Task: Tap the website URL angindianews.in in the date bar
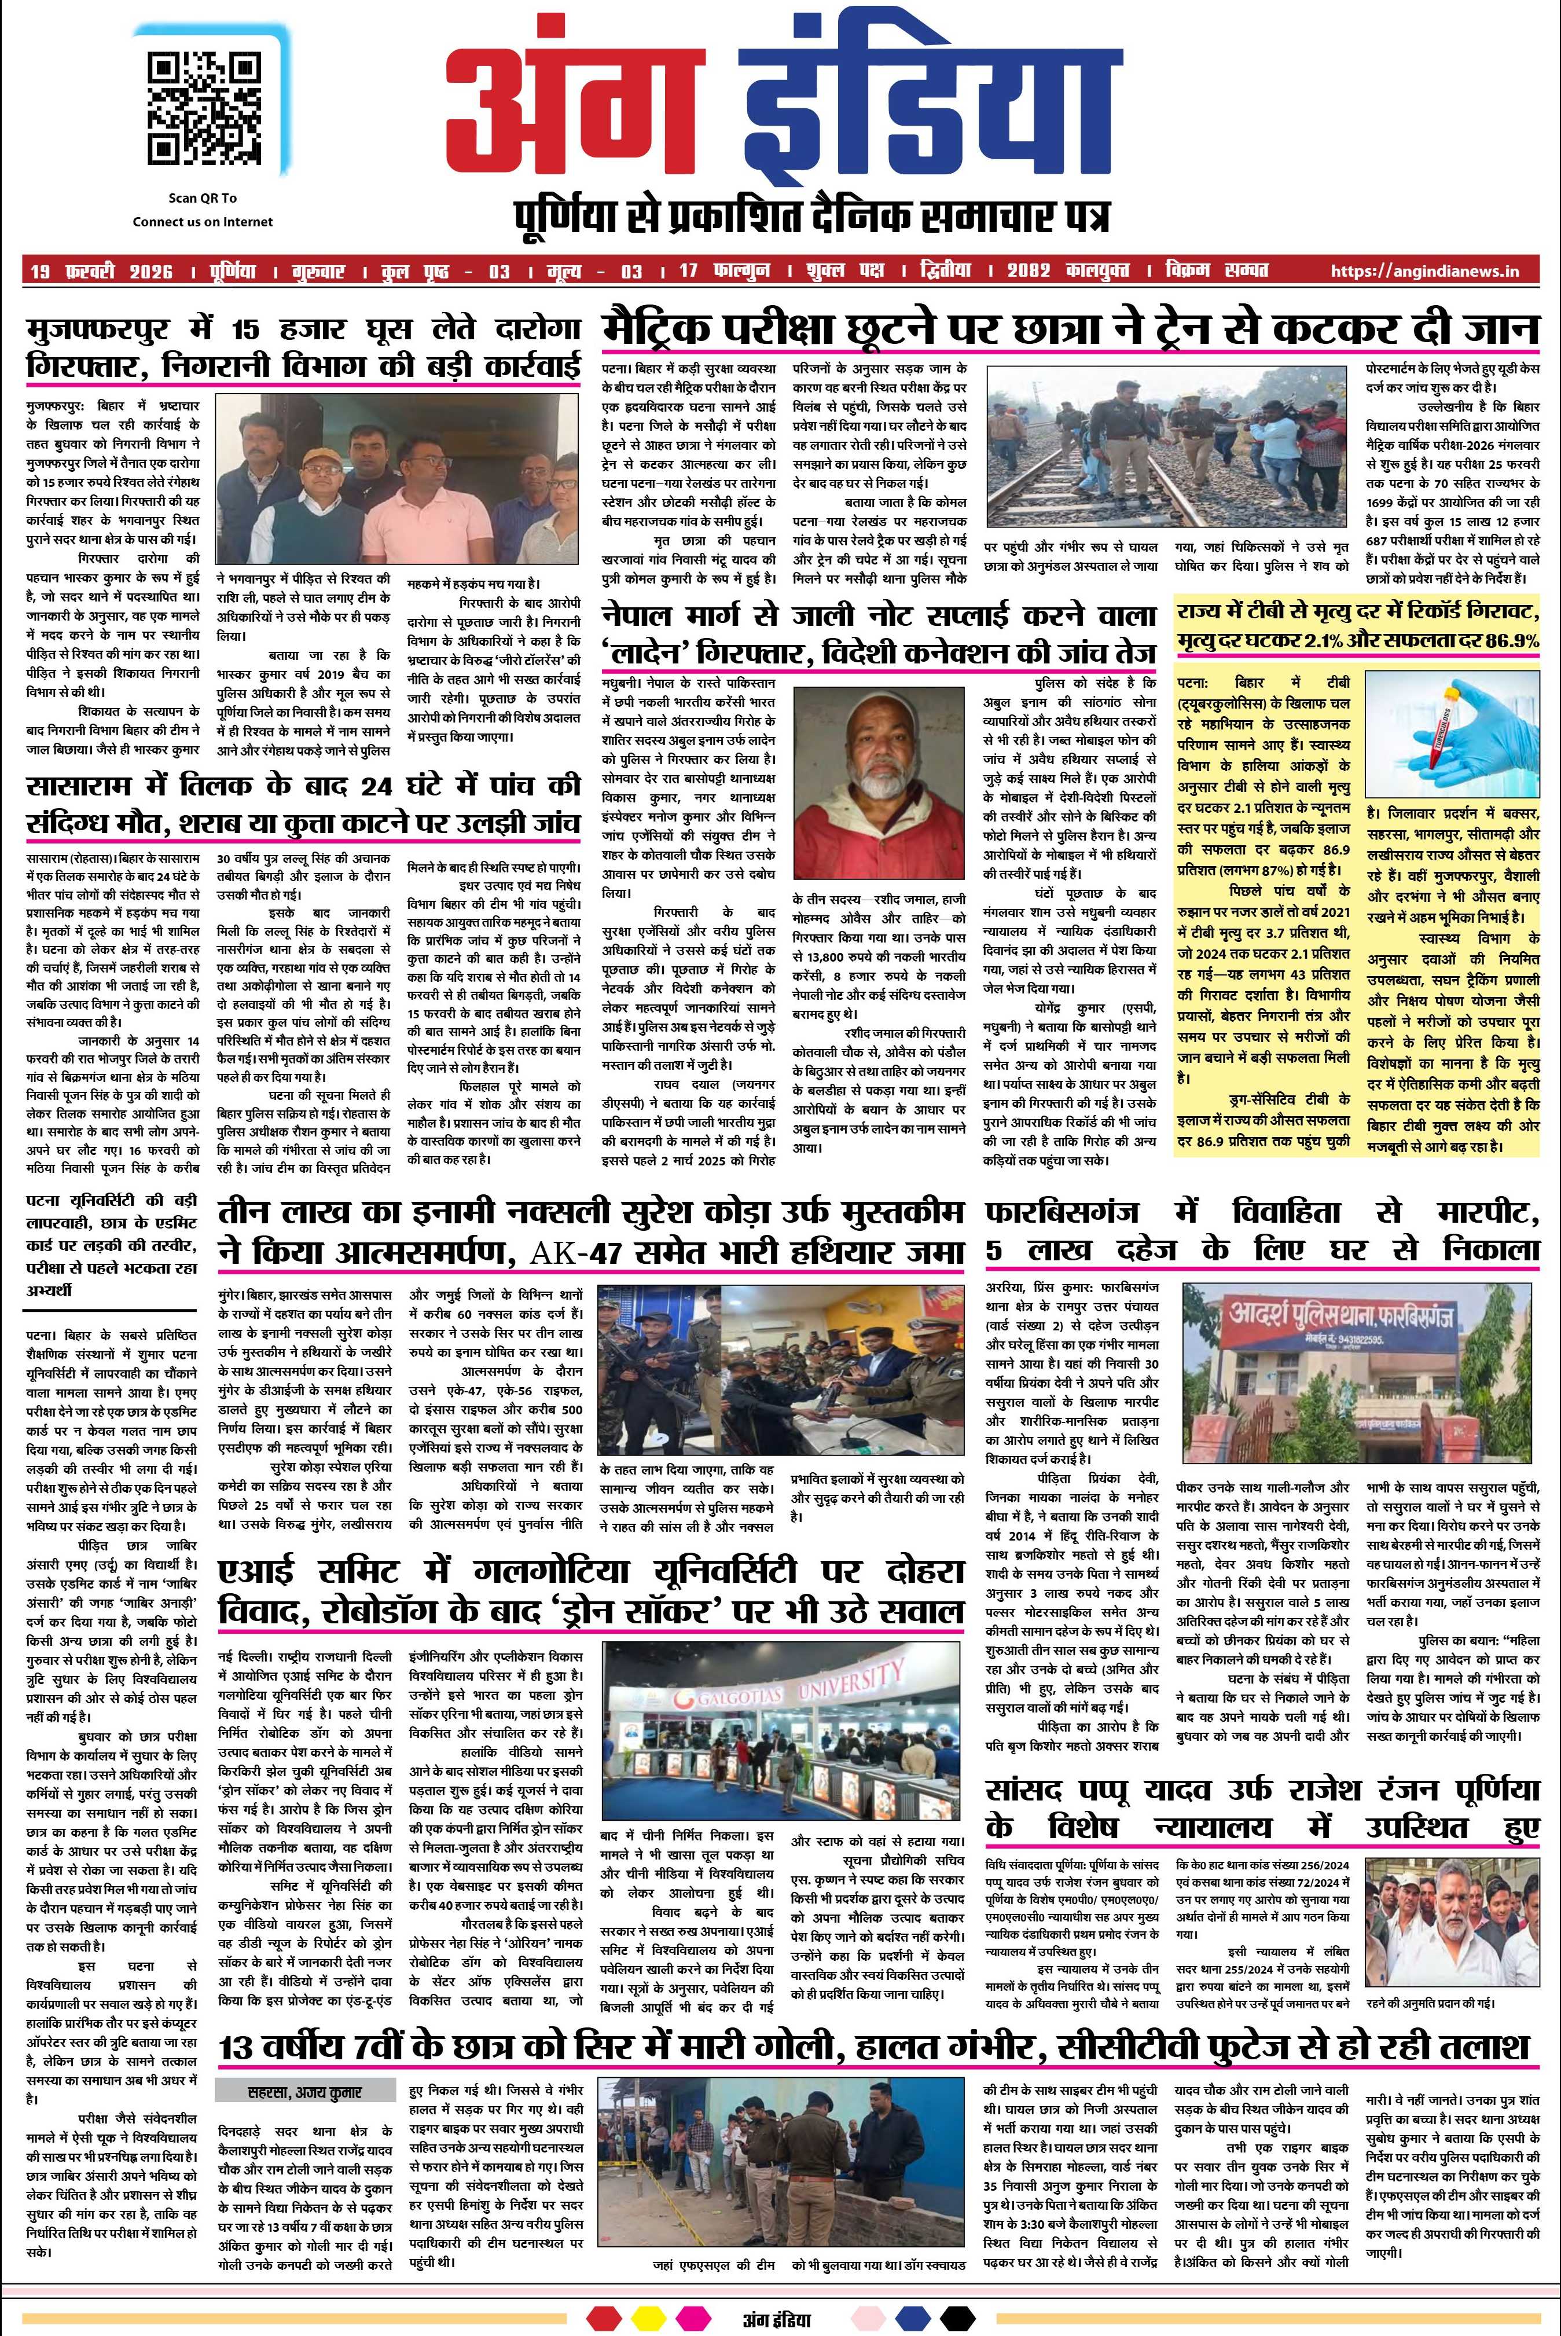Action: click(x=1424, y=271)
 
